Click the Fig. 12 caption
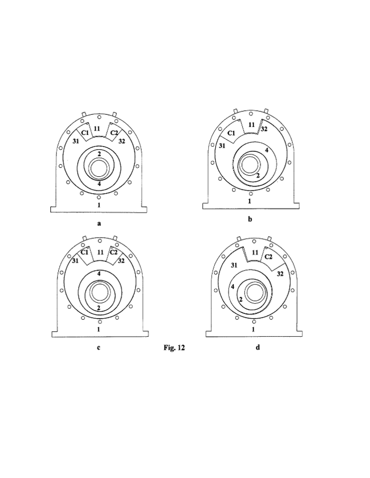point(175,348)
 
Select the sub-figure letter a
point(99,223)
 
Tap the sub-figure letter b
point(250,218)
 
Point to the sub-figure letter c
point(99,348)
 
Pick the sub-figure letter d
point(257,348)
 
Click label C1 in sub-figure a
point(84,132)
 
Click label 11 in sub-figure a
point(97,128)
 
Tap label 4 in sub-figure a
point(99,184)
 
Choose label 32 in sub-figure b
point(264,129)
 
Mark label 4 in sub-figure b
point(267,150)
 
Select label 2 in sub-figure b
point(257,175)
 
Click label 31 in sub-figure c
point(76,260)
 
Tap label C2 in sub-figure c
point(113,252)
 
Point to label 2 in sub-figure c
point(99,307)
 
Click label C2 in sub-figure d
point(268,257)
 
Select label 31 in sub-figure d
point(233,265)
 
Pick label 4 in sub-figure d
point(232,286)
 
